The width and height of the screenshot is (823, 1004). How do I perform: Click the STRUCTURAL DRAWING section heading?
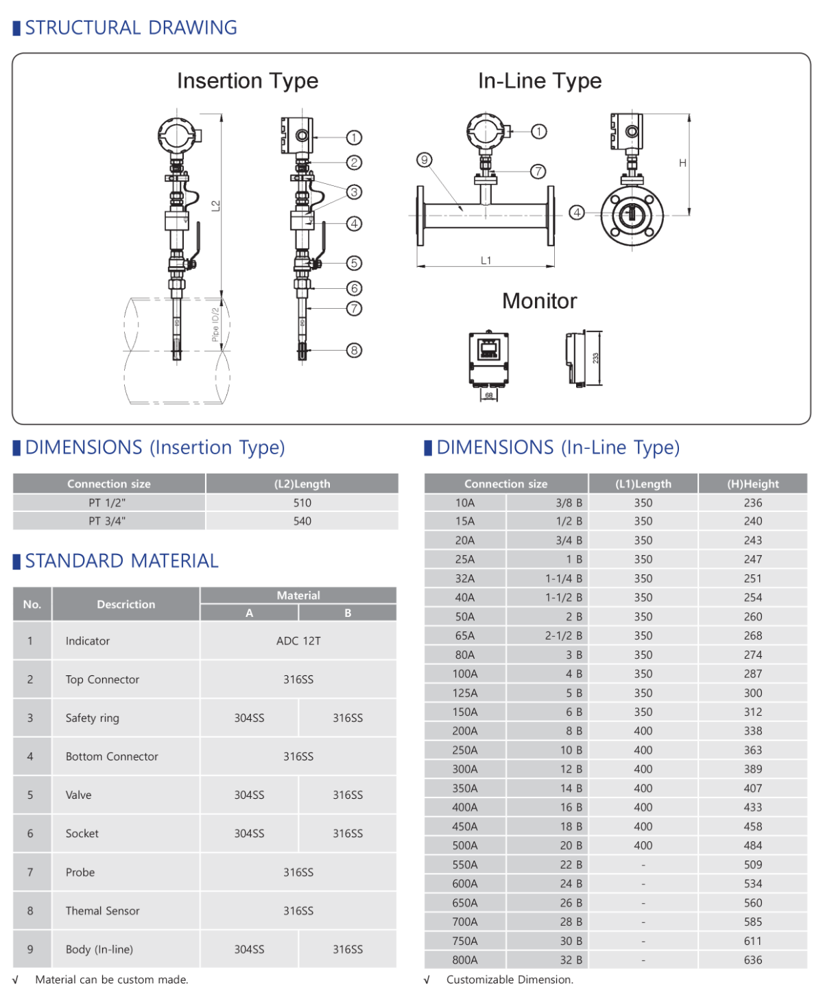click(x=130, y=27)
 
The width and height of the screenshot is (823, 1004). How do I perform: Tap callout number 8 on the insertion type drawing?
click(x=354, y=350)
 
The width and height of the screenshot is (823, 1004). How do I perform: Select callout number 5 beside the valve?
click(x=354, y=263)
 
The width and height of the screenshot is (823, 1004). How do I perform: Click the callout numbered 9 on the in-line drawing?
click(x=425, y=160)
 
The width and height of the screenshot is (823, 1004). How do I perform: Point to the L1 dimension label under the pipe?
click(x=486, y=260)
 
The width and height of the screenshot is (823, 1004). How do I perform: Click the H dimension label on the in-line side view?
click(x=682, y=163)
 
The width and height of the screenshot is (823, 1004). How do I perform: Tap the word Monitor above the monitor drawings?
click(x=539, y=301)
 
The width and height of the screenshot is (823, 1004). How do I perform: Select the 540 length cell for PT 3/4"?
click(x=302, y=521)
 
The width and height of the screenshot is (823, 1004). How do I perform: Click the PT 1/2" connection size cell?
click(x=108, y=502)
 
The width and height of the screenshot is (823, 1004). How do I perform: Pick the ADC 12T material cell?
click(x=298, y=641)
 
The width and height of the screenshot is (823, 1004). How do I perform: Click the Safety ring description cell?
click(x=92, y=718)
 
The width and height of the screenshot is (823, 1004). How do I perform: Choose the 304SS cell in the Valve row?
click(x=249, y=795)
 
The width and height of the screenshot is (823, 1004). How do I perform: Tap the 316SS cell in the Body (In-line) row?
click(x=348, y=949)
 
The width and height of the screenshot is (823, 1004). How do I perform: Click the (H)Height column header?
click(x=752, y=484)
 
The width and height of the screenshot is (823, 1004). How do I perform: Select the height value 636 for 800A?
click(x=752, y=960)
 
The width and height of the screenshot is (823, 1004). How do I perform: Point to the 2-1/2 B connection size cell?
click(x=563, y=635)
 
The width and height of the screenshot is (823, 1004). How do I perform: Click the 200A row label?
click(x=464, y=731)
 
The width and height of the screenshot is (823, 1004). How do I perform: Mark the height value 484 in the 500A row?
click(x=752, y=845)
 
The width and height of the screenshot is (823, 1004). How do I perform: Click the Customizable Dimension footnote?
click(x=509, y=979)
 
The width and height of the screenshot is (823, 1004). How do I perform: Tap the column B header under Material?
click(x=348, y=613)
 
